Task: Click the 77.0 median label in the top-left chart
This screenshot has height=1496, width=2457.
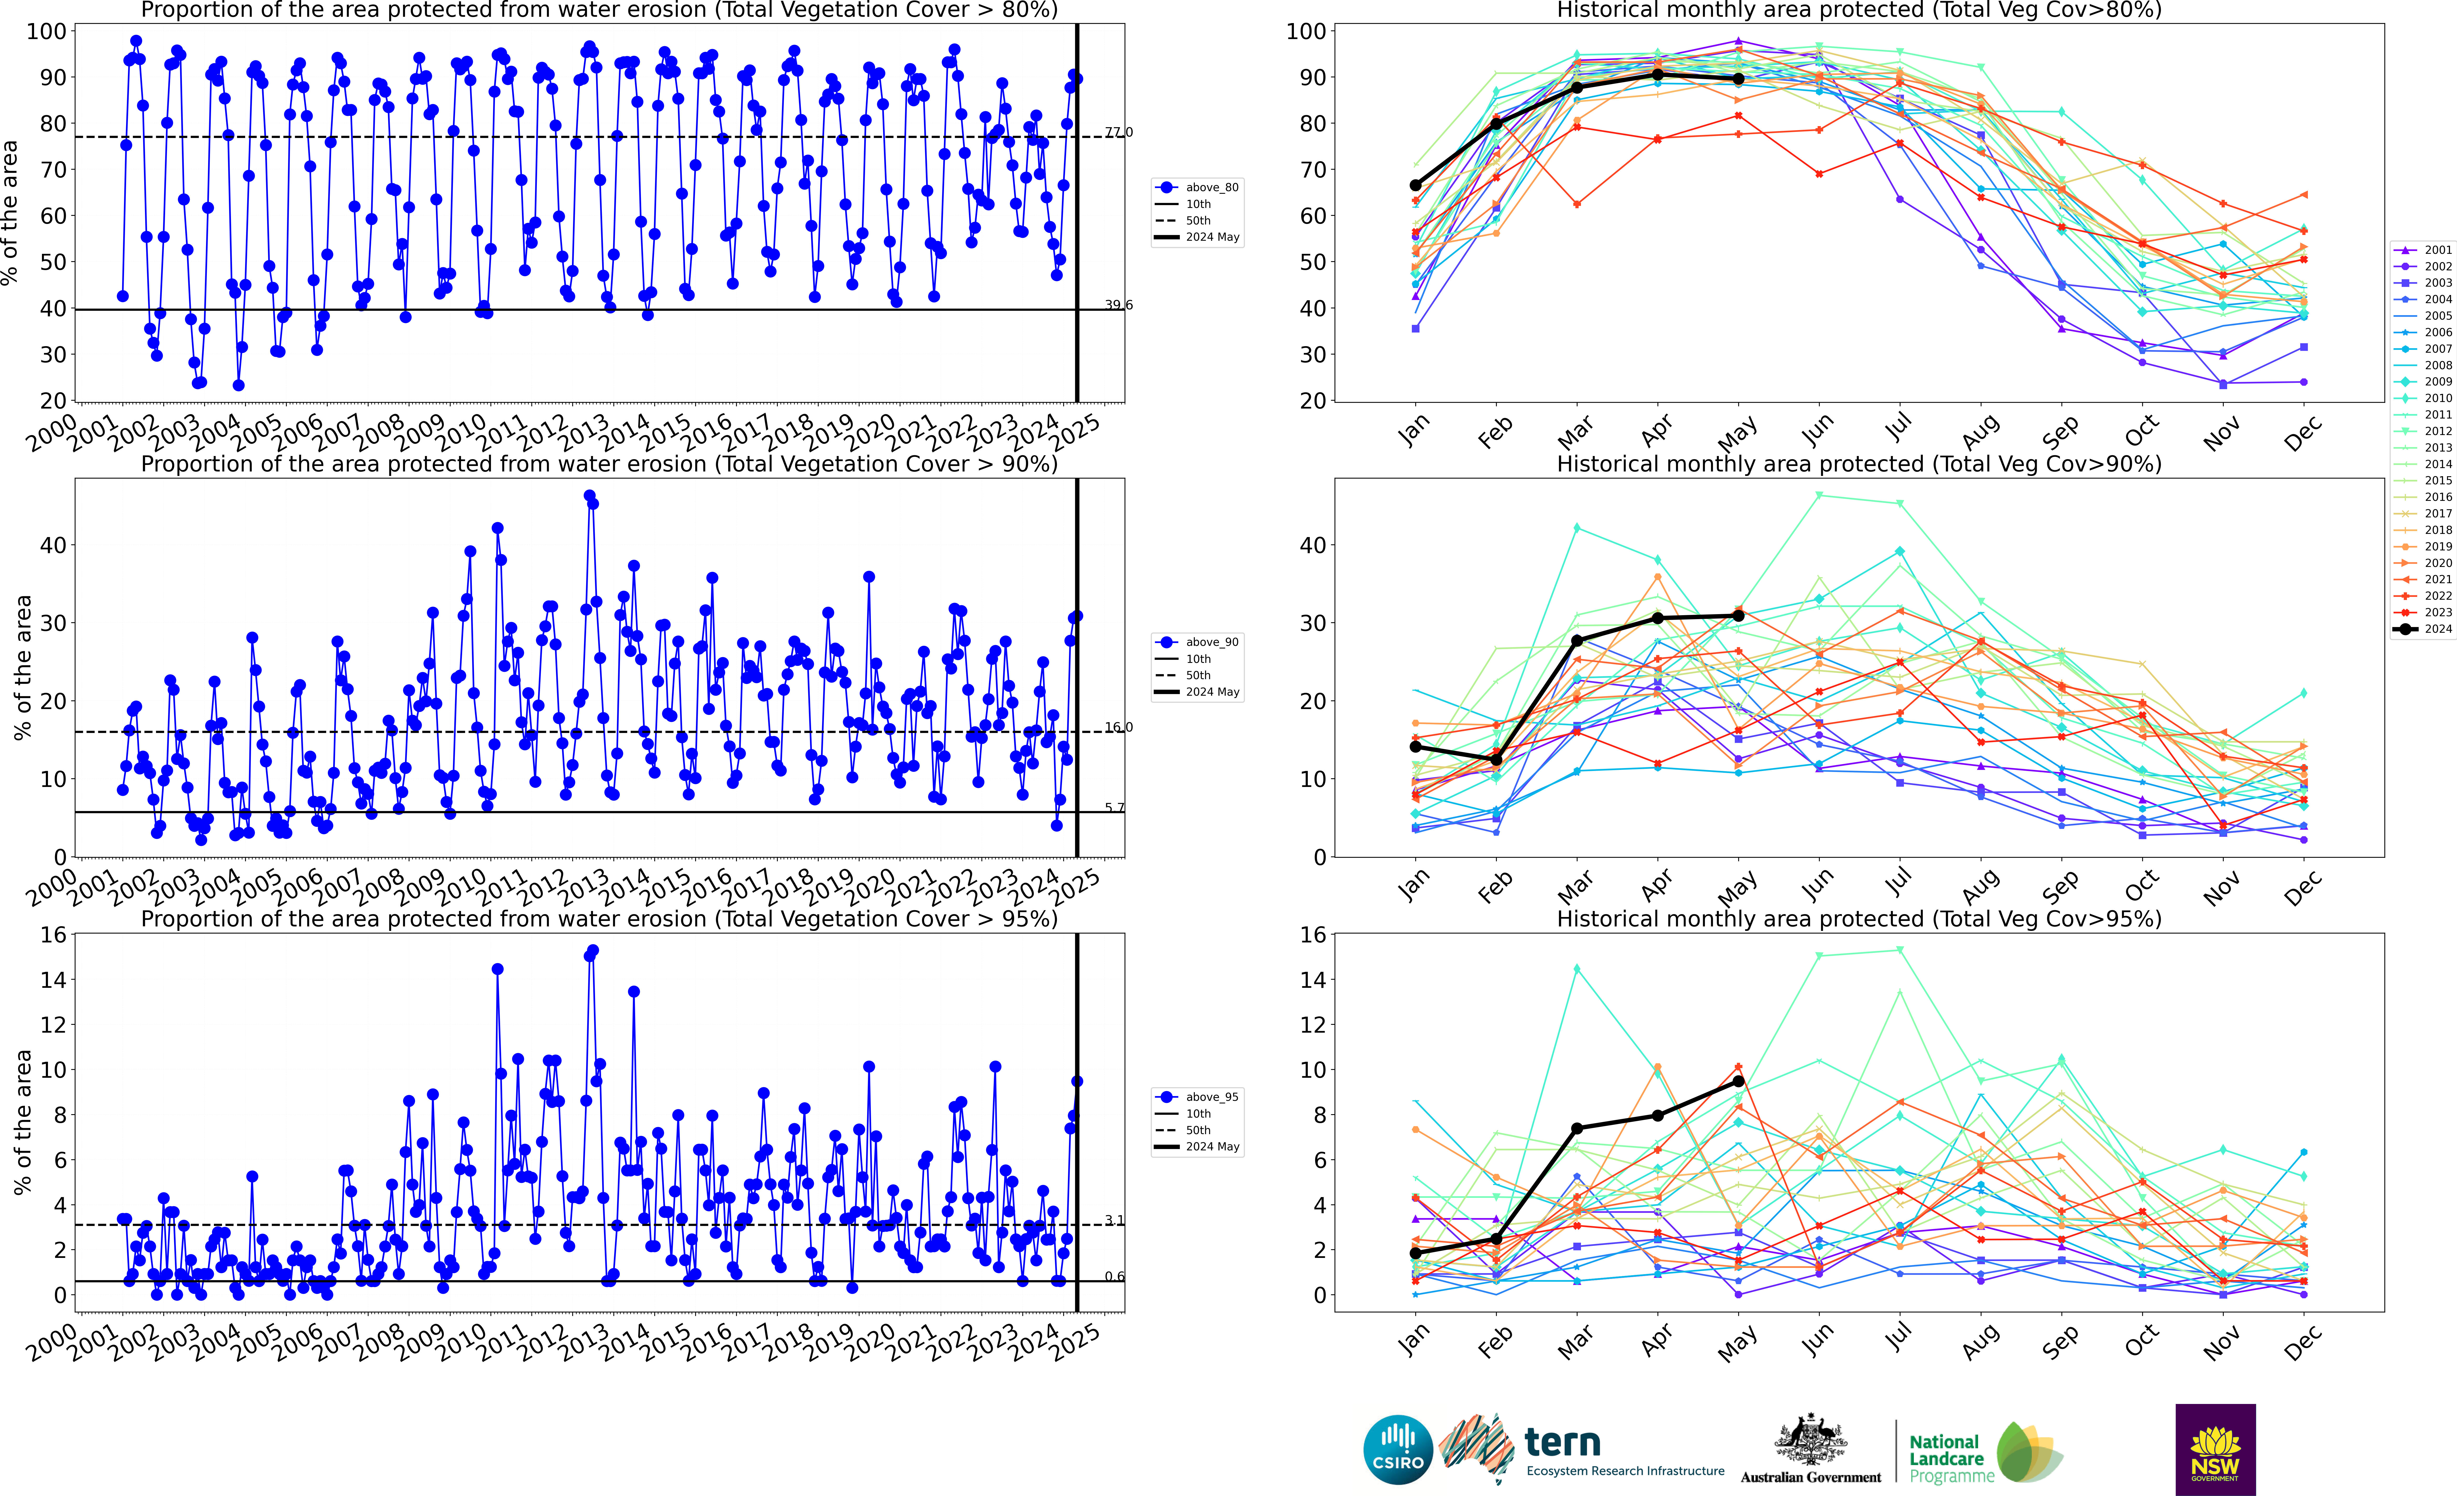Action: tap(1118, 132)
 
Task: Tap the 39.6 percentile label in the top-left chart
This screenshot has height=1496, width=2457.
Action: tap(1118, 305)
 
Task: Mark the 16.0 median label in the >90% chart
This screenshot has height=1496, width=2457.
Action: tap(1118, 727)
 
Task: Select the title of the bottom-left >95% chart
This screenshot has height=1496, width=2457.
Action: tap(598, 919)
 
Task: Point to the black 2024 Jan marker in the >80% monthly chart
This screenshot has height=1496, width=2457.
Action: tap(1415, 185)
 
